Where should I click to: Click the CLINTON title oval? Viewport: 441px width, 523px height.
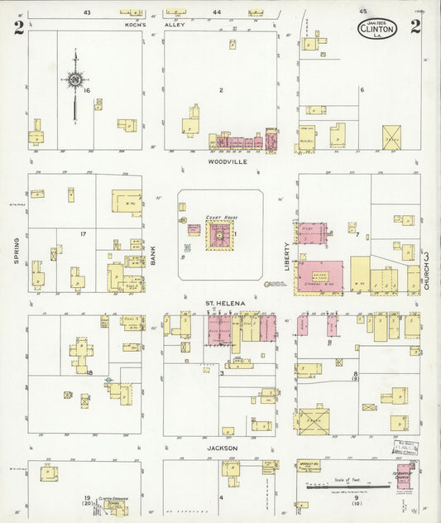(377, 28)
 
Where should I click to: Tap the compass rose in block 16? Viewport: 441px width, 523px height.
(75, 79)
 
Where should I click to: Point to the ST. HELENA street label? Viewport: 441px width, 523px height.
(225, 304)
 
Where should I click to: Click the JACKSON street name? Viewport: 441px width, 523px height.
(222, 448)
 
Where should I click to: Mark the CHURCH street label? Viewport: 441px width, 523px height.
(428, 270)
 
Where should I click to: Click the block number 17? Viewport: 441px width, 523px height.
(84, 234)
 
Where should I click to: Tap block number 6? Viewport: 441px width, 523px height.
(362, 89)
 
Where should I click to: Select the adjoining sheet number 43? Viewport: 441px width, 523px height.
(87, 12)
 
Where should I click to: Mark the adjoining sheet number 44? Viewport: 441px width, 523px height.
(217, 12)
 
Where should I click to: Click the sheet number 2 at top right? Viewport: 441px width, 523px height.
(415, 26)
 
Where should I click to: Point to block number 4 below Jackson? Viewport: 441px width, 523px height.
(221, 497)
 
